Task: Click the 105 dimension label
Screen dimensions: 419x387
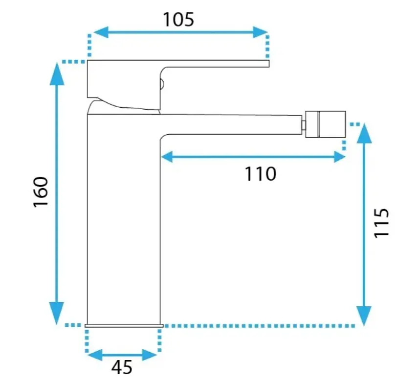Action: pyautogui.click(x=178, y=20)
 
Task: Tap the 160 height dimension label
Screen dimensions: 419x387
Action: pyautogui.click(x=41, y=192)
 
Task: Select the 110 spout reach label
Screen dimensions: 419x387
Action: pyautogui.click(x=260, y=174)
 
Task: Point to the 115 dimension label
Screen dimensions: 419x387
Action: pyautogui.click(x=381, y=222)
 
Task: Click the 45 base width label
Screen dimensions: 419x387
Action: pyautogui.click(x=122, y=367)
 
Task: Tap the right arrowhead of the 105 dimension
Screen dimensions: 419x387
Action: pyautogui.click(x=260, y=32)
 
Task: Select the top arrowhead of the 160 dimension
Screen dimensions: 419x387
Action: pyautogui.click(x=57, y=73)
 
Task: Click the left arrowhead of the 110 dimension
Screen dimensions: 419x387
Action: pyautogui.click(x=167, y=157)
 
